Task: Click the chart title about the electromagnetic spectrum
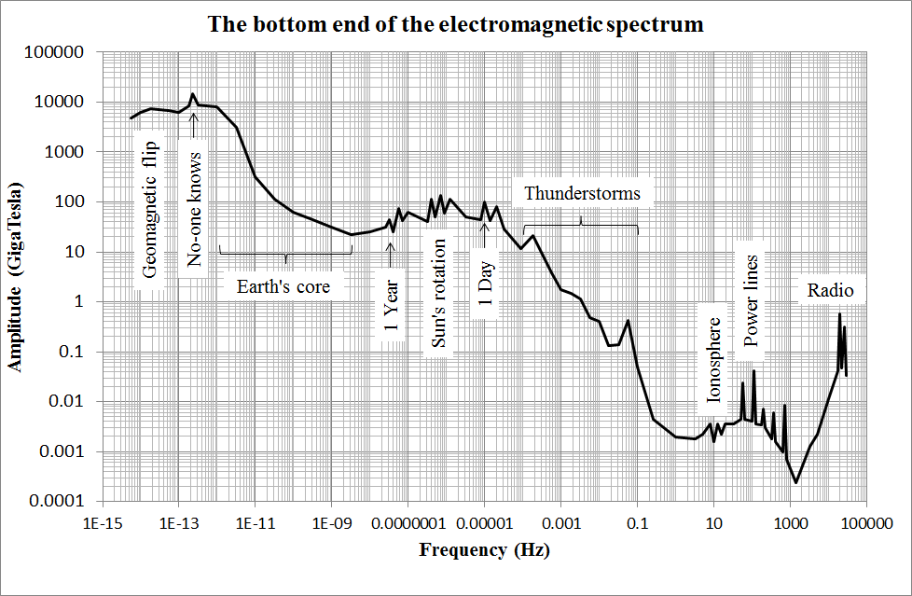[x=455, y=24]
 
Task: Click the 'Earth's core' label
[x=282, y=286]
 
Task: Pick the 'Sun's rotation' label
[x=439, y=293]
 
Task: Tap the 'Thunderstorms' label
[x=582, y=194]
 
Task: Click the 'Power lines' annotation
[x=753, y=298]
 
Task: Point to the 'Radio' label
[x=830, y=291]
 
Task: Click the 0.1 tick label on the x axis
[x=638, y=525]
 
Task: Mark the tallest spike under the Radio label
[x=839, y=314]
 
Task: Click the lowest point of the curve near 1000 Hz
[x=795, y=482]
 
